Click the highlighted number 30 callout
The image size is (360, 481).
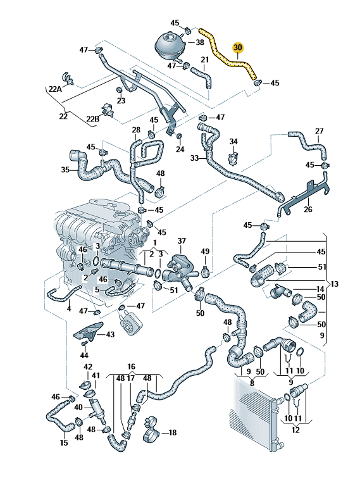[x=238, y=47]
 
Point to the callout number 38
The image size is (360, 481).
[x=199, y=43]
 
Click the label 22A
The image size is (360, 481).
[x=56, y=89]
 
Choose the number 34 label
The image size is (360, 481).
[x=233, y=141]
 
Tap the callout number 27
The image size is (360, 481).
[x=320, y=132]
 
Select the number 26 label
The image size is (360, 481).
[x=308, y=210]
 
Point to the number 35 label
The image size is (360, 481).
[x=65, y=170]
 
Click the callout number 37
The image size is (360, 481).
[x=182, y=241]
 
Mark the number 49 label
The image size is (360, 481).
[x=204, y=253]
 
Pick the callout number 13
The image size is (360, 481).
[x=335, y=282]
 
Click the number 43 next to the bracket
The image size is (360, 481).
[x=110, y=334]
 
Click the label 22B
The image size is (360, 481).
[x=92, y=119]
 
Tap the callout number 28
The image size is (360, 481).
[x=136, y=131]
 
